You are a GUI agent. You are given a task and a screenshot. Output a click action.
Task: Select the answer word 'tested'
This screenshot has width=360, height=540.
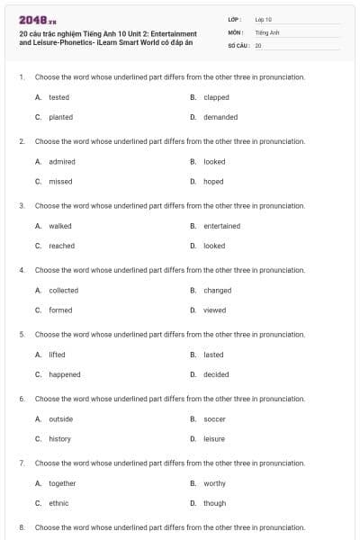[58, 97]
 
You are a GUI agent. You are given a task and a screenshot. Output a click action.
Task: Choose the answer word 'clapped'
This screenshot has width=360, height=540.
[216, 97]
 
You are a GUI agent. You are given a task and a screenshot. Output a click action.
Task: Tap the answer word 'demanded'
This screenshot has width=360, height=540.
[220, 117]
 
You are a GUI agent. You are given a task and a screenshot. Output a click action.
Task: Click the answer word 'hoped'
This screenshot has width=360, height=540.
[213, 181]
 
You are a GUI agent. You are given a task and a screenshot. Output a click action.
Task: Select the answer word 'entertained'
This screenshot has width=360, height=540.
[221, 226]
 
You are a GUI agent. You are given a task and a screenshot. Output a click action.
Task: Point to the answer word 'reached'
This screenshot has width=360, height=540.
[61, 246]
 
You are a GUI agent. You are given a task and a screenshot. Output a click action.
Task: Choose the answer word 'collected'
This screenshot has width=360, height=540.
[63, 291]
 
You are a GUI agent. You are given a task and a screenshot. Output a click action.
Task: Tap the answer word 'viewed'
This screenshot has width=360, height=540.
[214, 310]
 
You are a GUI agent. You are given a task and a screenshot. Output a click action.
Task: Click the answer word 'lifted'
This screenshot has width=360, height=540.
[57, 355]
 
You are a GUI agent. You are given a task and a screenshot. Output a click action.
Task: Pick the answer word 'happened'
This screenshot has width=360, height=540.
[64, 374]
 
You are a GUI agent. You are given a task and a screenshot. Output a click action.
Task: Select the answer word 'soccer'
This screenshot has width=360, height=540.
[214, 419]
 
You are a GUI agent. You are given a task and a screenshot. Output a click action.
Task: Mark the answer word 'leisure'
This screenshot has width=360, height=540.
[214, 439]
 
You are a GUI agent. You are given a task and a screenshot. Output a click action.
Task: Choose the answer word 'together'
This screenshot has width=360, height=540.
[62, 483]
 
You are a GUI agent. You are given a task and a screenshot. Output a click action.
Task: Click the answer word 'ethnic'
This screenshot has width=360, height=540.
[58, 503]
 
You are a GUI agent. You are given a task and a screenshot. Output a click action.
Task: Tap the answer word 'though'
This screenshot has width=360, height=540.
[214, 503]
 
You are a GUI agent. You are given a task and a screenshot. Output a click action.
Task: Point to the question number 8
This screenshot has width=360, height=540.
[21, 527]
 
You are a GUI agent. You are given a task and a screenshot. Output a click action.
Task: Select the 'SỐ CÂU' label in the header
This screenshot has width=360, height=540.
[238, 44]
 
